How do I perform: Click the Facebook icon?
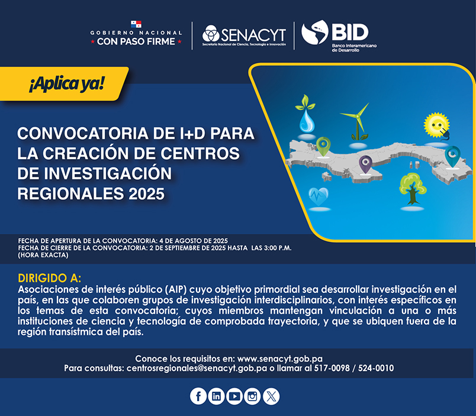pos(198,396)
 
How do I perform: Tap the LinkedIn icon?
pos(216,396)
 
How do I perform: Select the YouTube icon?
pos(234,396)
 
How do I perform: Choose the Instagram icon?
pos(252,396)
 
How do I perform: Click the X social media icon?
pos(271,396)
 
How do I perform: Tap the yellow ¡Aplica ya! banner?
pos(64,84)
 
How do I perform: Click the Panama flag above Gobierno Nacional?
pos(136,24)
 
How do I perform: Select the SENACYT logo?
pos(244,35)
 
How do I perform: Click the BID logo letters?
pos(350,32)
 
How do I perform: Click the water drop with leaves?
pos(306,114)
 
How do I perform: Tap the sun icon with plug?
pos(437,125)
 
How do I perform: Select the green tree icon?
pos(412,189)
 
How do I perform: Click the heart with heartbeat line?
pos(319,196)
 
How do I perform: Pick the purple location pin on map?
pos(365,164)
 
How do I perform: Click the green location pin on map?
pos(323,146)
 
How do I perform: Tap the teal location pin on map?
pos(453,156)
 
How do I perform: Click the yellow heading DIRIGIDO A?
pos(50,278)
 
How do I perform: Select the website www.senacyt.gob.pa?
pos(280,359)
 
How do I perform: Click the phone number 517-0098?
pos(332,368)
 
